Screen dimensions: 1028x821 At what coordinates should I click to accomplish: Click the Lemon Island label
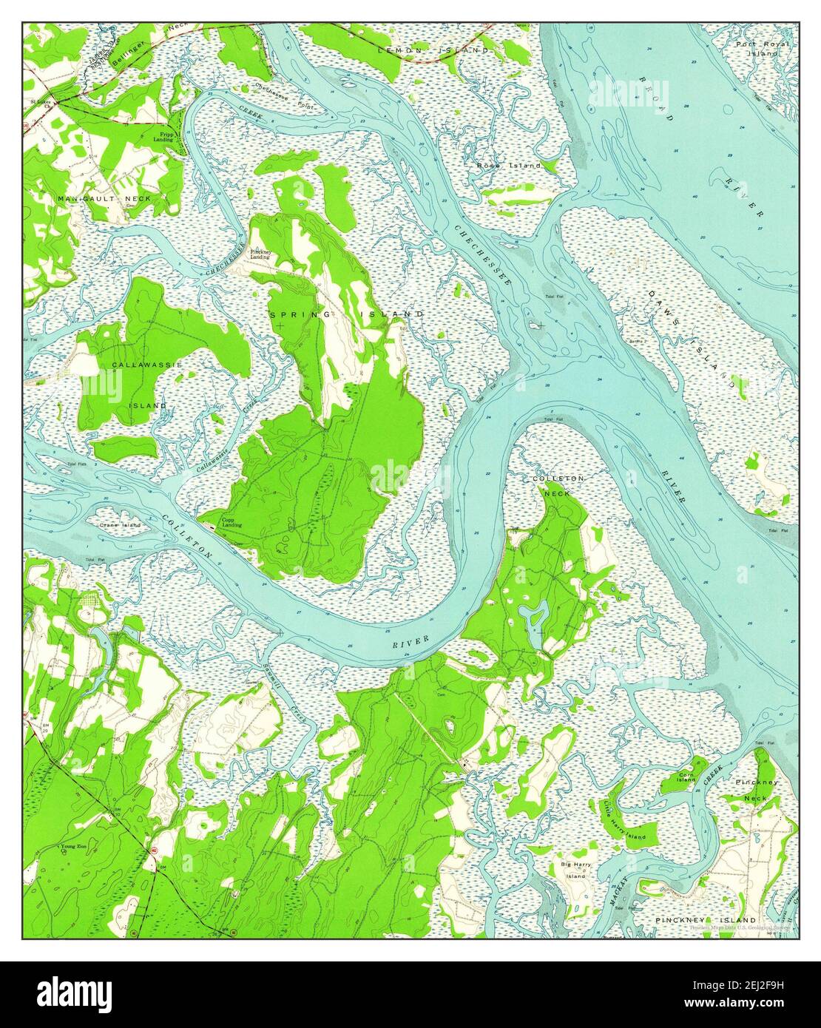(x=433, y=50)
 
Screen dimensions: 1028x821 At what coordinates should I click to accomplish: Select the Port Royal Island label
(x=762, y=49)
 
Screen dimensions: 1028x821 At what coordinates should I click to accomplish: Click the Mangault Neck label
(x=104, y=199)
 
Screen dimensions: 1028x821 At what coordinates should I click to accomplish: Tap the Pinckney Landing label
(x=260, y=254)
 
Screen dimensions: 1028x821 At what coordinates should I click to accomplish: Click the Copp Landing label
(x=232, y=524)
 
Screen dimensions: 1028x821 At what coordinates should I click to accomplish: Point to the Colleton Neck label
(x=558, y=486)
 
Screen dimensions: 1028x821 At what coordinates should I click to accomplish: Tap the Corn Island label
(x=686, y=777)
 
